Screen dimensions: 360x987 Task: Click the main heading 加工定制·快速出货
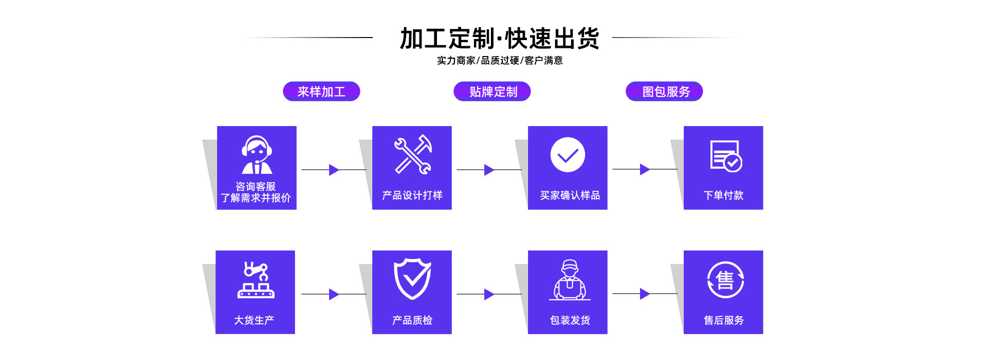click(500, 39)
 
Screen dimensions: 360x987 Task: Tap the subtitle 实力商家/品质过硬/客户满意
click(500, 61)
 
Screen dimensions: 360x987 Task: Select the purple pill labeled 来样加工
click(321, 92)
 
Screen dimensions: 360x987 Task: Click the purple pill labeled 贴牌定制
click(492, 92)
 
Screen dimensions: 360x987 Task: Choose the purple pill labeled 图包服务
click(665, 92)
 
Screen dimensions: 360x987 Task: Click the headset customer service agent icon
click(257, 155)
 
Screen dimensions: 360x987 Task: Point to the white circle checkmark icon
click(568, 155)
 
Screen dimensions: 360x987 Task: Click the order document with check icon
click(725, 155)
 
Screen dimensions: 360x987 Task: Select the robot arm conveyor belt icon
click(256, 280)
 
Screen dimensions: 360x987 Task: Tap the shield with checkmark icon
click(412, 279)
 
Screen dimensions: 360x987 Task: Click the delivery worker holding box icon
click(569, 280)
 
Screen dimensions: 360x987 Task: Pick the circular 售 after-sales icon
click(725, 280)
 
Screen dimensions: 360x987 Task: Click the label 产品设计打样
click(412, 195)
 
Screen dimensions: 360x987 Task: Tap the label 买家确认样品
click(570, 195)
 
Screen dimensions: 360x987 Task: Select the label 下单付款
click(723, 195)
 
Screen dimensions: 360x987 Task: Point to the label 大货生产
click(254, 320)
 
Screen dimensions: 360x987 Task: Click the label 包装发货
click(570, 320)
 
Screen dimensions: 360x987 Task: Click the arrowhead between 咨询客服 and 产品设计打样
click(334, 170)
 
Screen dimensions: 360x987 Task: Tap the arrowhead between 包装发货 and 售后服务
click(645, 294)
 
